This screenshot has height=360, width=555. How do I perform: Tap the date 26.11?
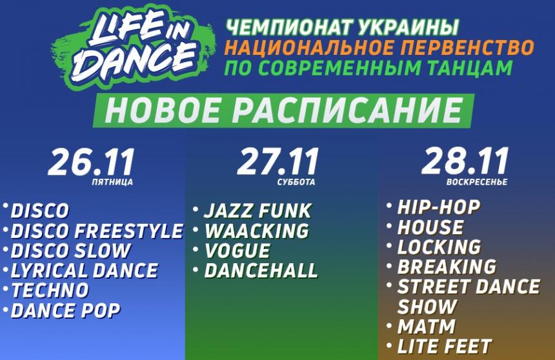pyautogui.click(x=92, y=162)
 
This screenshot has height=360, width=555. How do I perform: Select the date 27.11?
pyautogui.click(x=278, y=162)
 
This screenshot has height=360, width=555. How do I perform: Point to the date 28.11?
pyautogui.click(x=465, y=161)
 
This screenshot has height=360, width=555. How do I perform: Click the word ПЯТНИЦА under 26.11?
pyautogui.click(x=112, y=183)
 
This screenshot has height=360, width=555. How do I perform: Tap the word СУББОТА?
pyautogui.click(x=296, y=183)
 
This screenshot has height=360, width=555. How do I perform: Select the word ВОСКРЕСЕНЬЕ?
pyautogui.click(x=477, y=182)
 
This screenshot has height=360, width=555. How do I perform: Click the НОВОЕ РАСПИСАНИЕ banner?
pyautogui.click(x=283, y=110)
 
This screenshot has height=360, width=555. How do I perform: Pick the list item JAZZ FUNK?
pyautogui.click(x=257, y=211)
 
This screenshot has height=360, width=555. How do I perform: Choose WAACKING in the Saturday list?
pyautogui.click(x=257, y=231)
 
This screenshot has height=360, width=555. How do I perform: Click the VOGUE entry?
pyautogui.click(x=237, y=250)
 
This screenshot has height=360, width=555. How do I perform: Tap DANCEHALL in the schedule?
pyautogui.click(x=261, y=270)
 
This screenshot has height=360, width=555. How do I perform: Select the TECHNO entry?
pyautogui.click(x=50, y=290)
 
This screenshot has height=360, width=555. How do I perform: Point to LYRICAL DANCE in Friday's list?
pyautogui.click(x=85, y=270)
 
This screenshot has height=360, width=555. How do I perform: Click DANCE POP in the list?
pyautogui.click(x=65, y=311)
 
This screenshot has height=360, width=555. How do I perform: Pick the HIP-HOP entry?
pyautogui.click(x=439, y=207)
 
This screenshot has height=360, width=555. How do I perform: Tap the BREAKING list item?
pyautogui.click(x=447, y=266)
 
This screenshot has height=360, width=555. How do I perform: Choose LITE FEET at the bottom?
pyautogui.click(x=445, y=346)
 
